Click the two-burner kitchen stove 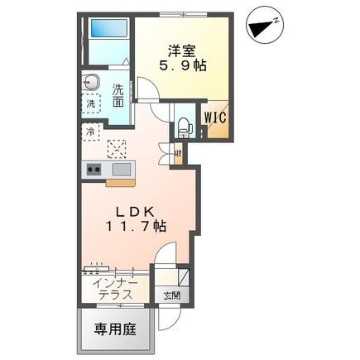[x=93, y=170]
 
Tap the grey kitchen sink [x=121, y=170]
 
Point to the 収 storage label [x=178, y=153]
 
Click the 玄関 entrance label [x=170, y=294]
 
